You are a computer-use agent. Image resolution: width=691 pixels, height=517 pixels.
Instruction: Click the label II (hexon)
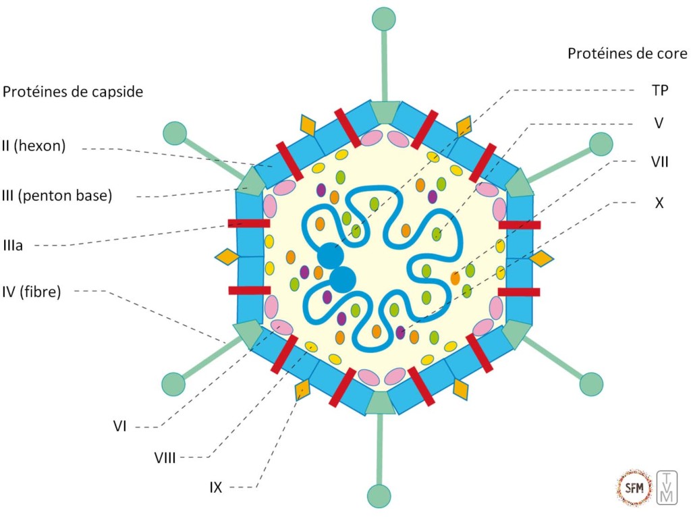(34, 146)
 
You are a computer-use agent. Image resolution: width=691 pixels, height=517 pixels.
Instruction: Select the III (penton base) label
(57, 196)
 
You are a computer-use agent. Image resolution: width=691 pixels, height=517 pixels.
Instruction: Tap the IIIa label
(13, 246)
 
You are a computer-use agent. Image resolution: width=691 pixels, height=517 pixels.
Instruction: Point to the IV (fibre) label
(32, 292)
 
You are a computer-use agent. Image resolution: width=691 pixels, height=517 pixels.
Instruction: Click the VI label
(121, 426)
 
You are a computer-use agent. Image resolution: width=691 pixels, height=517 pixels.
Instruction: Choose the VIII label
(165, 458)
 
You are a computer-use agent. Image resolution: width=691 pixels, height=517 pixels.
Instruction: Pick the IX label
(215, 487)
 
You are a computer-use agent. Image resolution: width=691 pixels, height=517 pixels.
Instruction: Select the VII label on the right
(659, 162)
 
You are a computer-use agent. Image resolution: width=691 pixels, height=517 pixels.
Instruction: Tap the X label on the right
(659, 202)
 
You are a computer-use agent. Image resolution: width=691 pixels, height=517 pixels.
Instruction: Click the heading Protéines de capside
(73, 92)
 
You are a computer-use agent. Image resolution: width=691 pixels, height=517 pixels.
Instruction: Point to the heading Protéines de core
(627, 53)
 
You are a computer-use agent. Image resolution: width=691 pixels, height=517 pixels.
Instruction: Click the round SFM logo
(635, 487)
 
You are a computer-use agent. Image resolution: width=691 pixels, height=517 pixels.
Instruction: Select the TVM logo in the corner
(666, 487)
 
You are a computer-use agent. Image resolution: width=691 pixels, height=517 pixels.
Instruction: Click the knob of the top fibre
(384, 18)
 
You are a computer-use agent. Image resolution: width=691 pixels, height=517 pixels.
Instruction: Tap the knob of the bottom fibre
(379, 495)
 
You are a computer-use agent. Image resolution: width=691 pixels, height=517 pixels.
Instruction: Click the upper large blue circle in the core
(331, 256)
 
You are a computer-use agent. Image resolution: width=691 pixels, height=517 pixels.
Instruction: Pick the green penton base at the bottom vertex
(380, 402)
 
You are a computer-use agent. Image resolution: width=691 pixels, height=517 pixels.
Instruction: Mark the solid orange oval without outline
(455, 277)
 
